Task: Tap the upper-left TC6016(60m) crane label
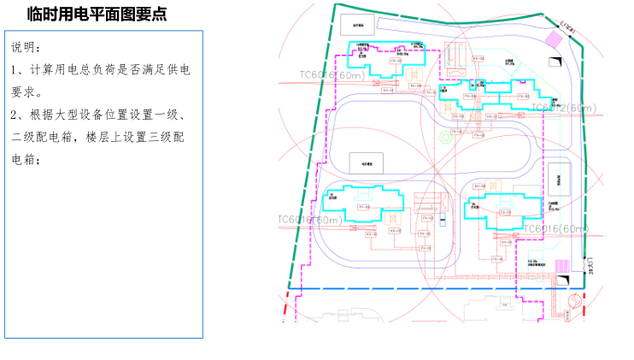pyautogui.click(x=332, y=75)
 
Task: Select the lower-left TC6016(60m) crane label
pyautogui.click(x=309, y=220)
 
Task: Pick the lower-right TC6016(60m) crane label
pyautogui.click(x=555, y=228)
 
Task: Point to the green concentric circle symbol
pyautogui.click(x=444, y=137)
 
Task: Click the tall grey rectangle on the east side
pyautogui.click(x=559, y=179)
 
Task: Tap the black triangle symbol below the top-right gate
pyautogui.click(x=556, y=58)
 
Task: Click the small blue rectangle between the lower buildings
pyautogui.click(x=444, y=220)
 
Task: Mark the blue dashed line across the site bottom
pyautogui.click(x=427, y=289)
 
